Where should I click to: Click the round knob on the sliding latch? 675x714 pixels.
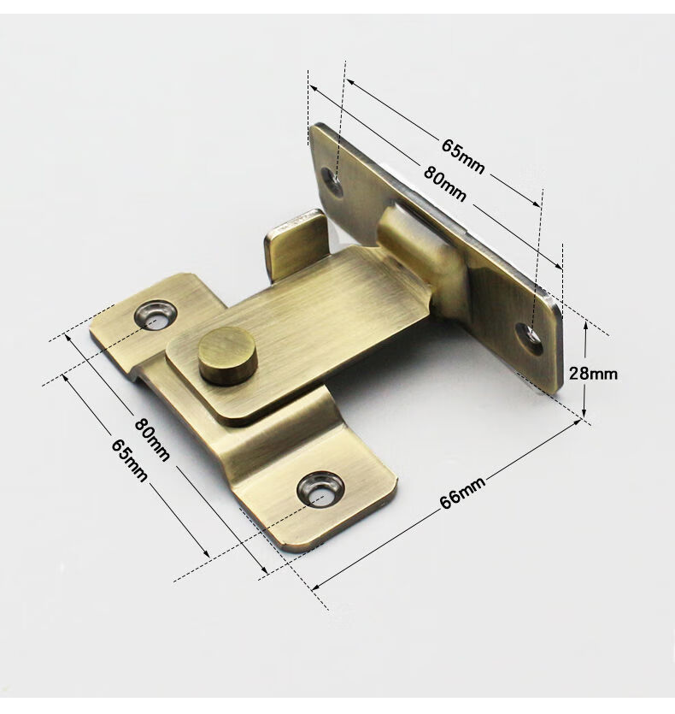click(227, 356)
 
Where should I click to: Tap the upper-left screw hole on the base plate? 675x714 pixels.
click(156, 314)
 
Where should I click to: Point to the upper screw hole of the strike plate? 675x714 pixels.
click(332, 182)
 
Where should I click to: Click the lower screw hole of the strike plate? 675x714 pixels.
click(529, 339)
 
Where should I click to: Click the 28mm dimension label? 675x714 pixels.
click(593, 374)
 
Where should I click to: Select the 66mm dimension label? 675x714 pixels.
click(463, 493)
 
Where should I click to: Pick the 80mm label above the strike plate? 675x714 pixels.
click(444, 184)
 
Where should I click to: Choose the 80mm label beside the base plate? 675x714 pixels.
click(152, 440)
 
